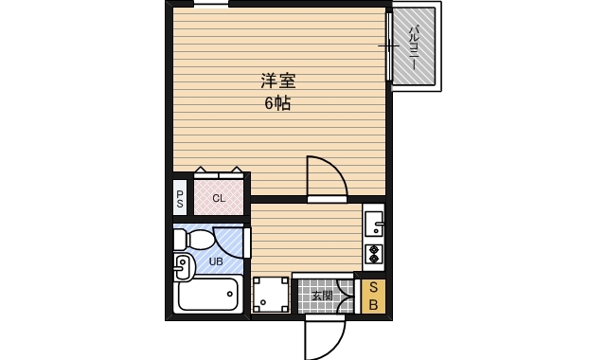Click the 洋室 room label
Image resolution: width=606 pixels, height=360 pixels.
(x=278, y=82)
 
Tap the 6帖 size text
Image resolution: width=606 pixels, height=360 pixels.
(x=277, y=103)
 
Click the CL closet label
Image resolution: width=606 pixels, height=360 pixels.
(x=219, y=198)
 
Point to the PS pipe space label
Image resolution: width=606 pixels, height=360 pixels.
(x=180, y=198)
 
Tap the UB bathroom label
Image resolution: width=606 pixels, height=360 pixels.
(x=216, y=261)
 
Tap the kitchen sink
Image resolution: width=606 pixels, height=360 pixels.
(x=373, y=225)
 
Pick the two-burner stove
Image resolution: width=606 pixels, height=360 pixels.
(x=373, y=254)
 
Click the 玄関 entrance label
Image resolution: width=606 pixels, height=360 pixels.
(x=322, y=296)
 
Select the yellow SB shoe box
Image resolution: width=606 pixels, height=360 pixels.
(x=373, y=297)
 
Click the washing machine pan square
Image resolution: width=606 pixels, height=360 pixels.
(x=271, y=296)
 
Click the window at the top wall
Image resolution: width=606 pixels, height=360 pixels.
(x=211, y=4)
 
